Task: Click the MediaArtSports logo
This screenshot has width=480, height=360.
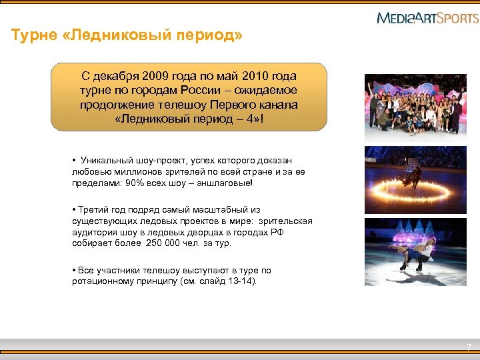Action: [x=427, y=17]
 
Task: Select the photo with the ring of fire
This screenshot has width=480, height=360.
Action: [x=415, y=180]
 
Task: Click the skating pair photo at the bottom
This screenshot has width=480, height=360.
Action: [x=415, y=252]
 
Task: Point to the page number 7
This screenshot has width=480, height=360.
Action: [x=468, y=347]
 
